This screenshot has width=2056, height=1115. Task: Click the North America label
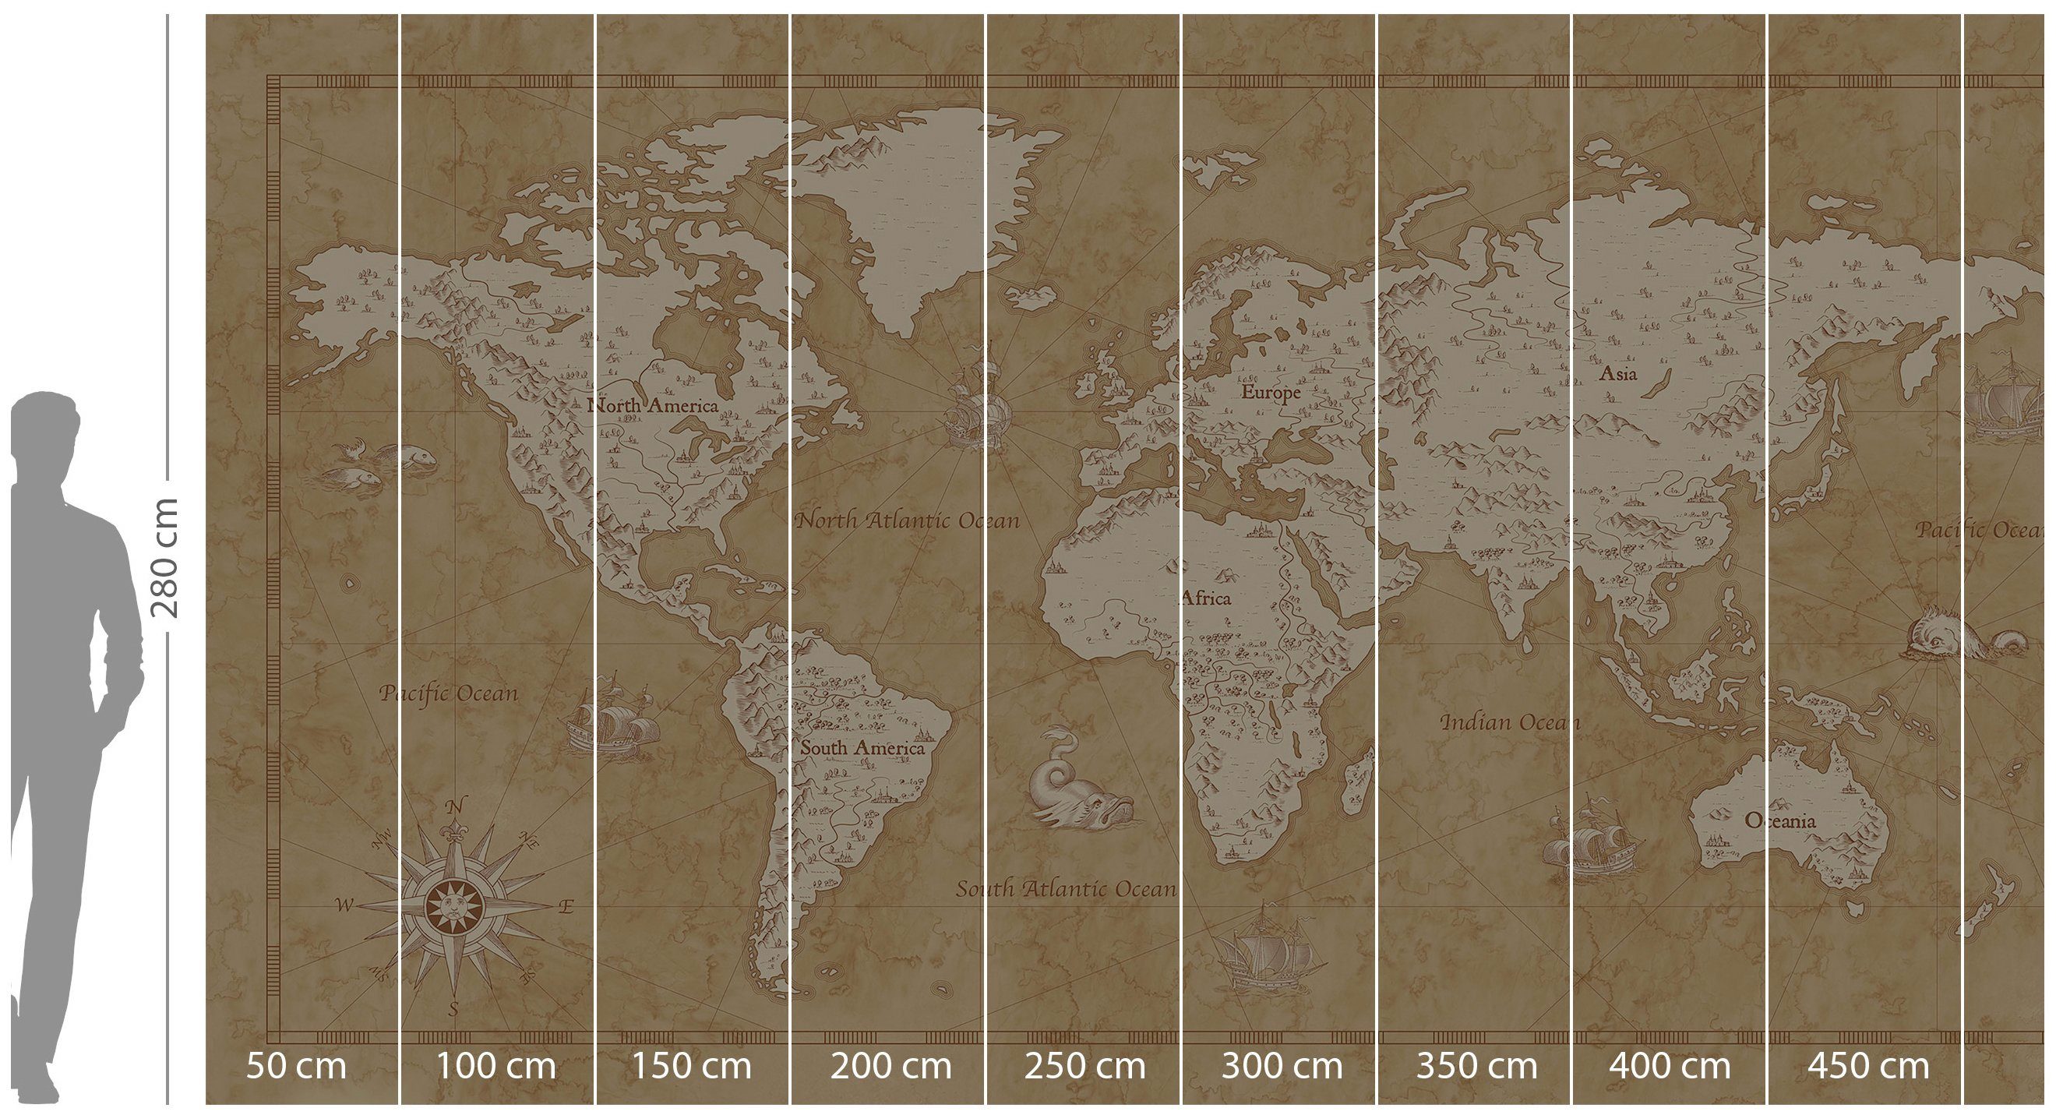(x=653, y=405)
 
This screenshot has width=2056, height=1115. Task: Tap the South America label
(x=862, y=748)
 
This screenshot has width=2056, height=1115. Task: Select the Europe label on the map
(x=1271, y=392)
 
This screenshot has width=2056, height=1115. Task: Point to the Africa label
(x=1206, y=598)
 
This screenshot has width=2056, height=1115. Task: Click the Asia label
(x=1618, y=372)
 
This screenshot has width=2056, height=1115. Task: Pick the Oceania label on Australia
(x=1780, y=820)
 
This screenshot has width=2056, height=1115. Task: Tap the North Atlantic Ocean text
(x=908, y=520)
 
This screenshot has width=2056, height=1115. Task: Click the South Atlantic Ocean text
(x=1067, y=888)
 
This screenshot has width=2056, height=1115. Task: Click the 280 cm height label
(x=165, y=558)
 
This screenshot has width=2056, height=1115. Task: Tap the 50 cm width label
(x=296, y=1065)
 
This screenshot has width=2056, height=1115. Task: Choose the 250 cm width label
(x=1084, y=1065)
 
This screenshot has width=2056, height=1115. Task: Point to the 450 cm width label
(x=1868, y=1065)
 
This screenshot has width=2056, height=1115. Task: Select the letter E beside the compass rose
(x=566, y=907)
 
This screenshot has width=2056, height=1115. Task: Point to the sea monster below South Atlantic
(x=1077, y=785)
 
